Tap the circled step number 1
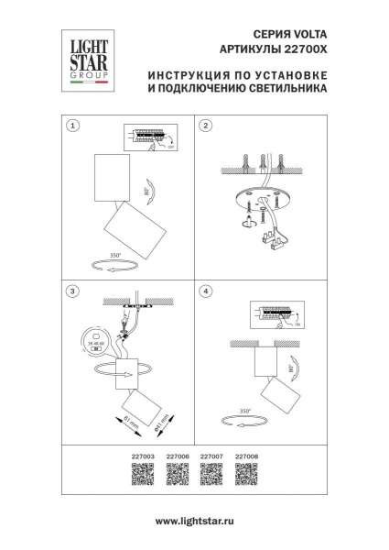pos(73,126)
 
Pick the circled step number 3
pos(73,291)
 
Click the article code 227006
pos(169,455)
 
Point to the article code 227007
pos(208,455)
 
